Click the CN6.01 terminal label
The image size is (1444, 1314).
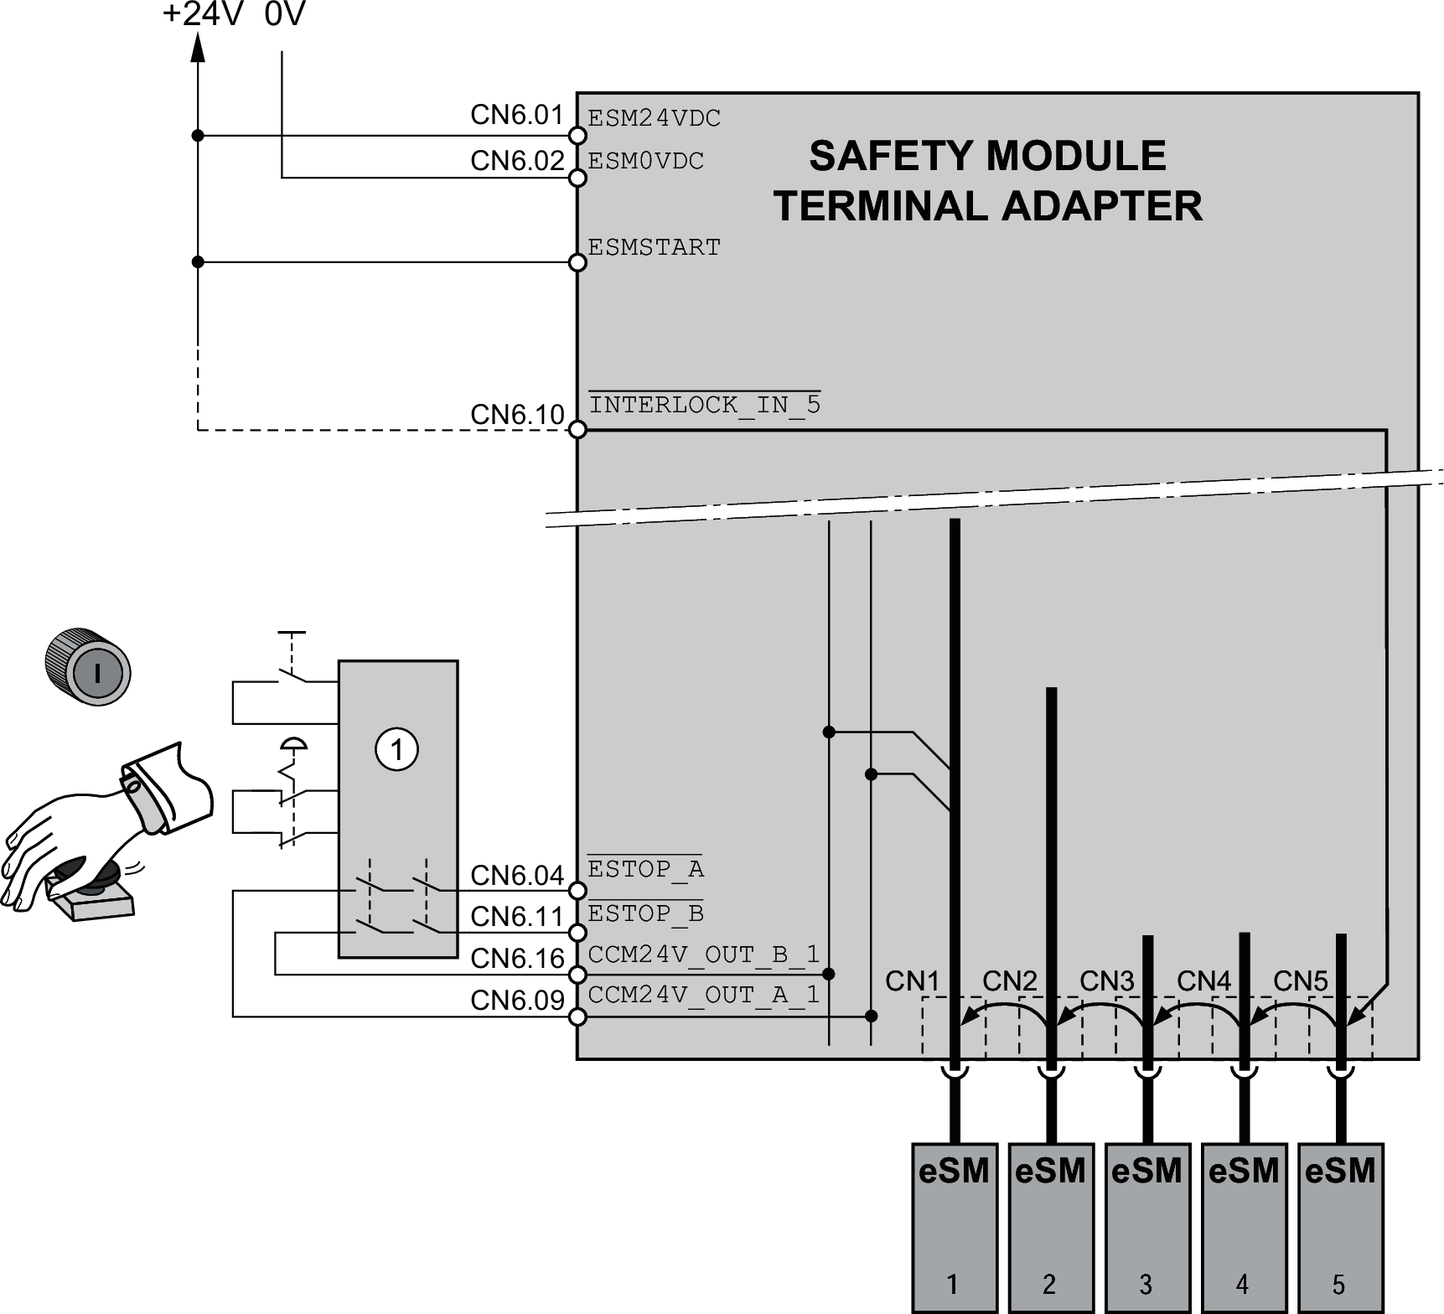pyautogui.click(x=516, y=116)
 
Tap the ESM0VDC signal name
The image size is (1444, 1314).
pyautogui.click(x=645, y=161)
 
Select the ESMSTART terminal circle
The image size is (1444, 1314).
pyautogui.click(x=577, y=263)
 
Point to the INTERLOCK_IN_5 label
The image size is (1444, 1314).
pyautogui.click(x=704, y=406)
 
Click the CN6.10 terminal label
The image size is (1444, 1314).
pyautogui.click(x=516, y=415)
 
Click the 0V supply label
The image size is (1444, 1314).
pyautogui.click(x=285, y=15)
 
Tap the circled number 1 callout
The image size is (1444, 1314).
pyautogui.click(x=396, y=749)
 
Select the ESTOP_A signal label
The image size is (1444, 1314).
pyautogui.click(x=645, y=870)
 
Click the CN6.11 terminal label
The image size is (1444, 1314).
pyautogui.click(x=516, y=917)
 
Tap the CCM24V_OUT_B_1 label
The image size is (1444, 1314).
pyautogui.click(x=703, y=955)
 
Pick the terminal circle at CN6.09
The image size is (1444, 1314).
pyautogui.click(x=577, y=1017)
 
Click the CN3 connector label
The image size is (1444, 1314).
pyautogui.click(x=1106, y=980)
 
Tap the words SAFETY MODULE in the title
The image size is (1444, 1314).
pyautogui.click(x=987, y=157)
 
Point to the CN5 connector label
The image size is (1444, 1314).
pyautogui.click(x=1300, y=980)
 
